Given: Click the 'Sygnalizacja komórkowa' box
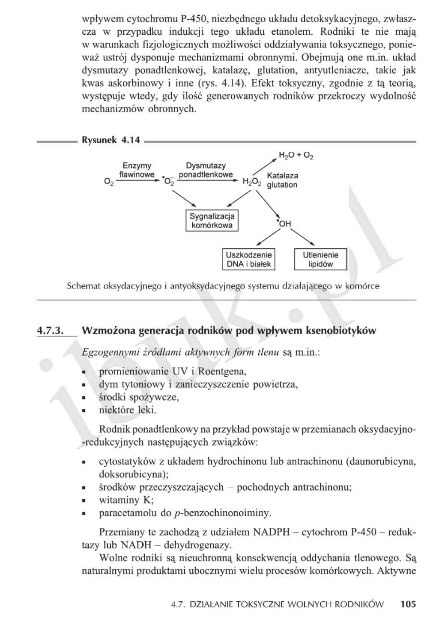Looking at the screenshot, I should [x=212, y=221].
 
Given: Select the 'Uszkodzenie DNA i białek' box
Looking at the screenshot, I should [x=249, y=260].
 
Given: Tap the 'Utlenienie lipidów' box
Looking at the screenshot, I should [x=320, y=260].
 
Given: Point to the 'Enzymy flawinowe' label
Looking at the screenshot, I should [x=137, y=170].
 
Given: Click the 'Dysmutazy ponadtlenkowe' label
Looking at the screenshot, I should [x=206, y=170].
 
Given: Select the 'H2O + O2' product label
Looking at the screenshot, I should [x=296, y=156].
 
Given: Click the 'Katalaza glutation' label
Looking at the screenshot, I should [x=282, y=180].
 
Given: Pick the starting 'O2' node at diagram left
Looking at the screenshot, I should [x=109, y=182].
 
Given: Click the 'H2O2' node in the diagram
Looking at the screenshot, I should [x=252, y=182].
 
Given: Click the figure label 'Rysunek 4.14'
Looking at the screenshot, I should [x=111, y=140].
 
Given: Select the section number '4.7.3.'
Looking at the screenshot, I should [x=51, y=330].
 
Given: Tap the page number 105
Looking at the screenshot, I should [x=408, y=604].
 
